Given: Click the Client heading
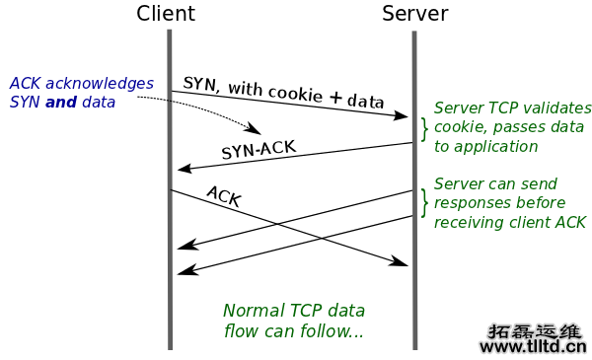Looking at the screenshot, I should [x=166, y=14].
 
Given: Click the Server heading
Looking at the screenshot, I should [x=414, y=14].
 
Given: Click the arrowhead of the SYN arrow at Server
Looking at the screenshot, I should [x=402, y=116].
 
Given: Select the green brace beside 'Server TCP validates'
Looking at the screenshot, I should [x=425, y=128].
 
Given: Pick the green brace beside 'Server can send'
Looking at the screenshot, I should [x=425, y=202].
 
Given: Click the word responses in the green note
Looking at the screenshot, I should [x=470, y=203].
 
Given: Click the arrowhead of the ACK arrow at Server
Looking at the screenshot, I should [x=402, y=263].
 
